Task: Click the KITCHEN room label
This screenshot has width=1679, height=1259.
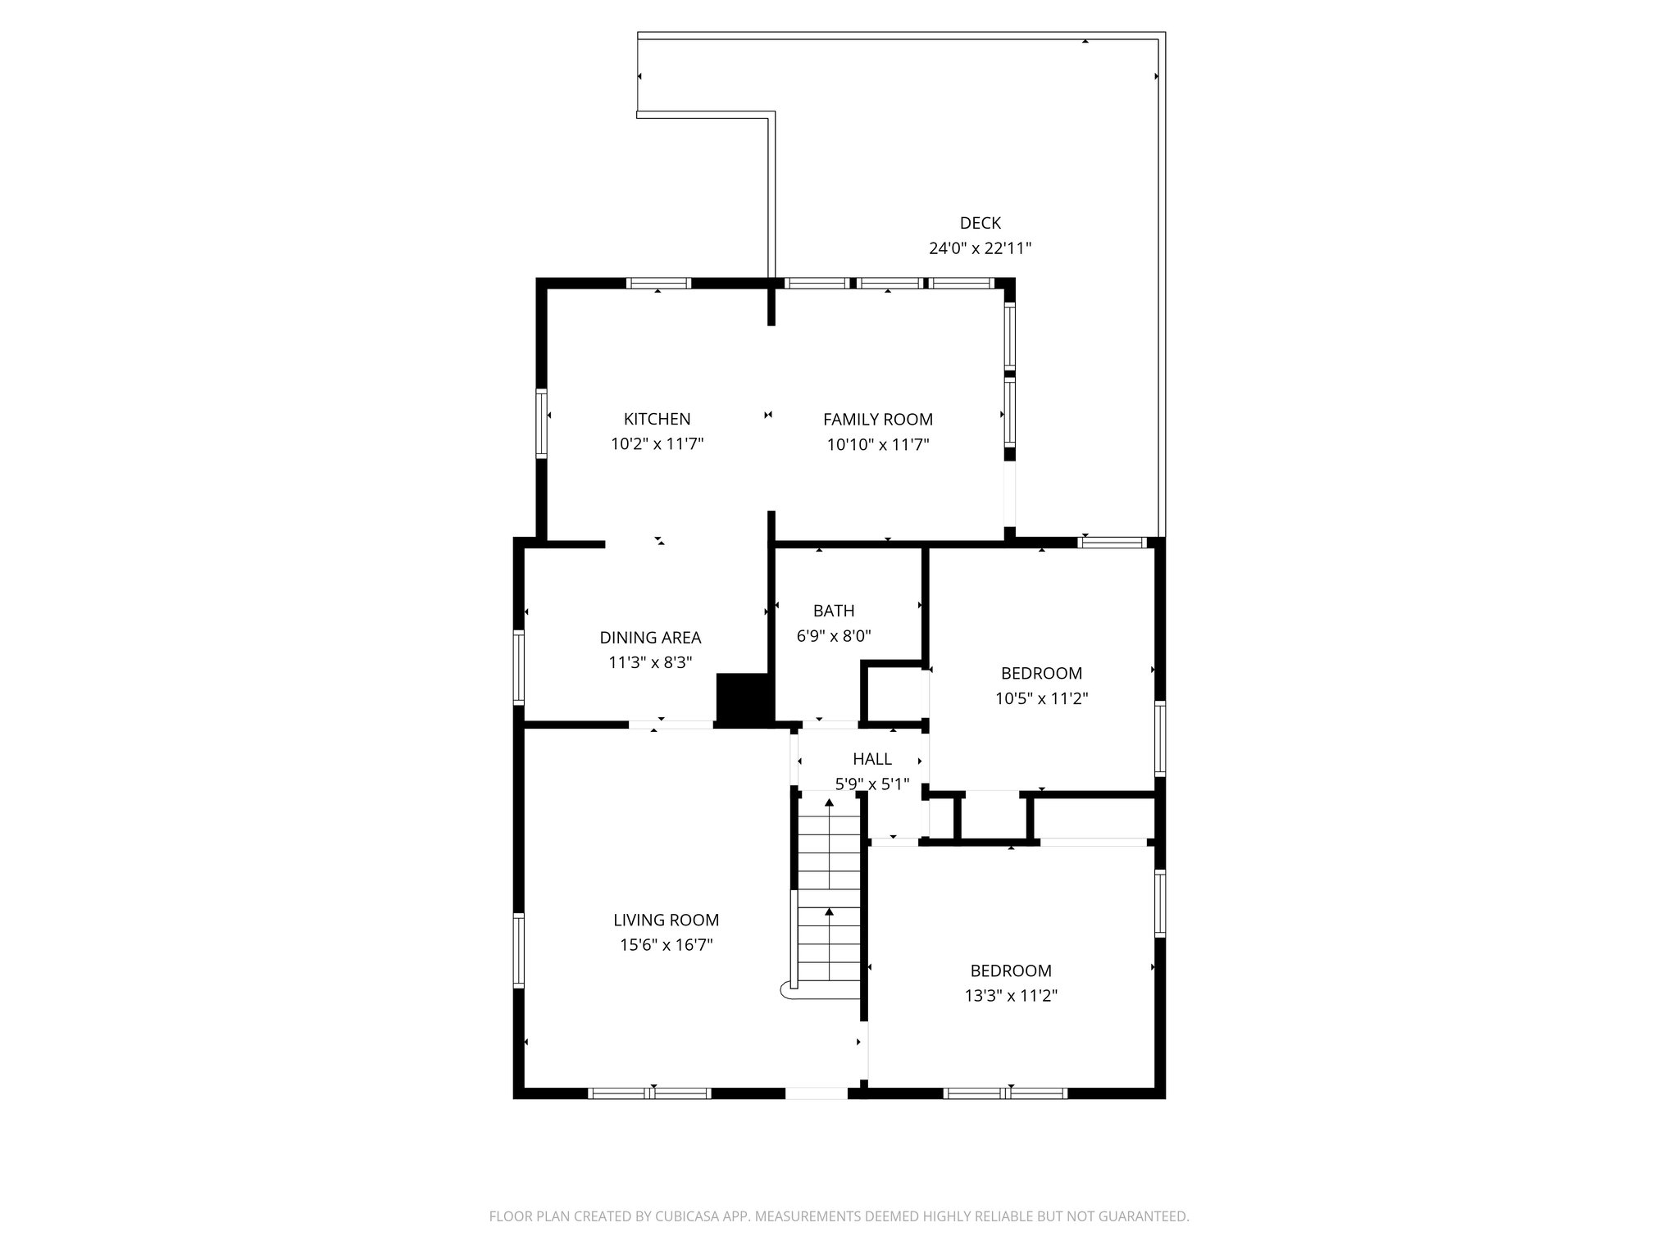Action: (x=657, y=419)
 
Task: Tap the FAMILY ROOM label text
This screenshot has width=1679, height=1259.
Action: (x=877, y=419)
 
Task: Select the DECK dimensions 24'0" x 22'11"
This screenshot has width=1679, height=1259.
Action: (x=980, y=248)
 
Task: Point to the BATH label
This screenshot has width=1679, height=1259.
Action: (x=834, y=611)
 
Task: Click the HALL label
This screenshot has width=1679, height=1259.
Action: (x=871, y=759)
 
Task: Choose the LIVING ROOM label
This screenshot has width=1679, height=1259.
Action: (x=666, y=920)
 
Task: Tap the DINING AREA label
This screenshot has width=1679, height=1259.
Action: (x=650, y=638)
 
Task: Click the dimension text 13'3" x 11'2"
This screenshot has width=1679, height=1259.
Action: (x=1011, y=996)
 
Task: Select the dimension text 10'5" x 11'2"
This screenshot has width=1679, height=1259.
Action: (x=1041, y=698)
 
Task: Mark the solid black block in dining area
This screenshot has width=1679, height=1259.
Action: (x=744, y=698)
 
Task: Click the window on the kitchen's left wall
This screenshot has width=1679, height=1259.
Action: (x=541, y=423)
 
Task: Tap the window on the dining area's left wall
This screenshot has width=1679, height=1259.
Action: (x=518, y=666)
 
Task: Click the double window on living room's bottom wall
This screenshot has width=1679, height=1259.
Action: (x=649, y=1093)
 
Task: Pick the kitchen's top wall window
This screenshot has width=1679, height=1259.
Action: (x=658, y=284)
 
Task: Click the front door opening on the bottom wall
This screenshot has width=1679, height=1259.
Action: (x=817, y=1093)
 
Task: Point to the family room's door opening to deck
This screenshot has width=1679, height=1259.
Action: (x=1010, y=495)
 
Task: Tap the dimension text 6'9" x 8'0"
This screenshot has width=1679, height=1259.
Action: (x=834, y=636)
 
